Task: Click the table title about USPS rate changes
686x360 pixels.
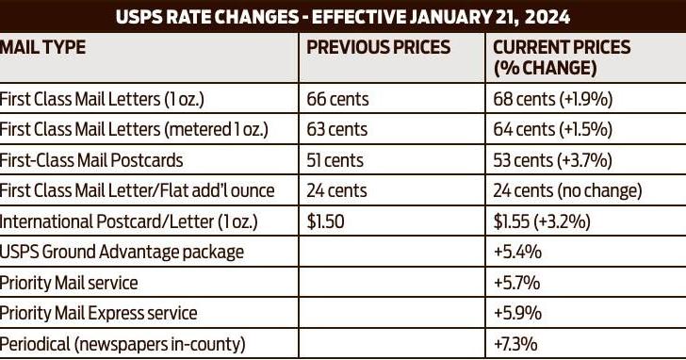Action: click(342, 17)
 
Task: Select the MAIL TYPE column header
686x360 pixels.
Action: click(42, 47)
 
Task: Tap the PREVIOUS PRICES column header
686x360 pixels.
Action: click(379, 47)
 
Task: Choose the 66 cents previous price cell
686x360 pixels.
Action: click(338, 98)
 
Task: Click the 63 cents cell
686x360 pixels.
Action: click(338, 129)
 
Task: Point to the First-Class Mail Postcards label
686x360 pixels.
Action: click(91, 160)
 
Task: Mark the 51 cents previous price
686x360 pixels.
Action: click(337, 160)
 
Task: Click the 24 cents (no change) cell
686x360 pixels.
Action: click(567, 190)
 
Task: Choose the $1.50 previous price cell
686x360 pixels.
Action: click(327, 221)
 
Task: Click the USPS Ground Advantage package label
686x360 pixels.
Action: click(122, 252)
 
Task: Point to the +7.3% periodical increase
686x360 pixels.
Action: click(516, 344)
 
